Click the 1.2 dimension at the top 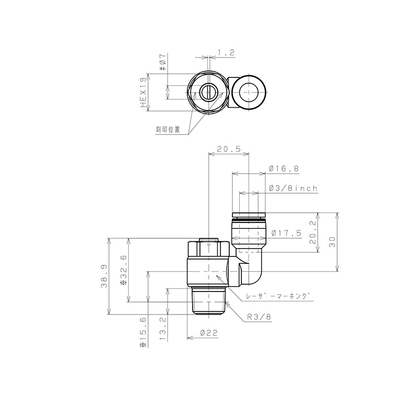pos(225,52)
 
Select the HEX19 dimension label pos(142,93)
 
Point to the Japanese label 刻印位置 pos(167,129)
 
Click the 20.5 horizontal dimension pos(228,149)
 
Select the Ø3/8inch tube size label pos(292,188)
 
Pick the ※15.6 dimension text pos(142,332)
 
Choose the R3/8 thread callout pos(259,316)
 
